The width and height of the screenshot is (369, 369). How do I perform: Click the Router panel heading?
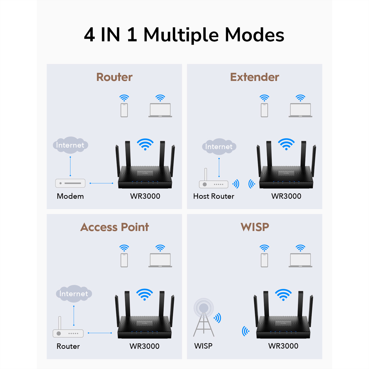click(x=114, y=77)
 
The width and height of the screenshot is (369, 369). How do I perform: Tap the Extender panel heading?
click(x=255, y=77)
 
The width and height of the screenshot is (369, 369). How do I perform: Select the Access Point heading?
click(x=114, y=227)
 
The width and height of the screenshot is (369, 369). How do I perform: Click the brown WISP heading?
click(x=255, y=227)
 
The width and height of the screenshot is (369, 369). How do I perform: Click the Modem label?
click(x=70, y=196)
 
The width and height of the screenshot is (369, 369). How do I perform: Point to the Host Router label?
click(x=214, y=196)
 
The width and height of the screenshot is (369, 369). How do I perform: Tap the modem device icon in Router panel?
click(x=70, y=183)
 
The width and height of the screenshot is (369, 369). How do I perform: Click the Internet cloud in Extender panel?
click(x=219, y=147)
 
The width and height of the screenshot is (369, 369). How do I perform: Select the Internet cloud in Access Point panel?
click(x=74, y=294)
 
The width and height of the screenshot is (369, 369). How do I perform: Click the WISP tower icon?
click(x=204, y=318)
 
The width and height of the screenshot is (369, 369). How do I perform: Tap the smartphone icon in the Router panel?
click(x=124, y=110)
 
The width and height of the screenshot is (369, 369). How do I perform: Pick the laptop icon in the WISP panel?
click(x=300, y=260)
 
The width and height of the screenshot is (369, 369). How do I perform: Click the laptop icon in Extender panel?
click(x=300, y=110)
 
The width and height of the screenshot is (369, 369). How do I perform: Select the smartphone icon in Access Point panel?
click(x=124, y=260)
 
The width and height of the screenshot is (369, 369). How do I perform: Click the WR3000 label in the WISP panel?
click(x=283, y=346)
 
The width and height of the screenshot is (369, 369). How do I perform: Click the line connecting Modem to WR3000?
click(x=101, y=183)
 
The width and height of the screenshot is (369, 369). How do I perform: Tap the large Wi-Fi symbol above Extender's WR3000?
click(x=286, y=144)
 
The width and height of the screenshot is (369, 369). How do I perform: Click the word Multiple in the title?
click(x=181, y=34)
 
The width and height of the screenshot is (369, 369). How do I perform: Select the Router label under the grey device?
click(x=68, y=346)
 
